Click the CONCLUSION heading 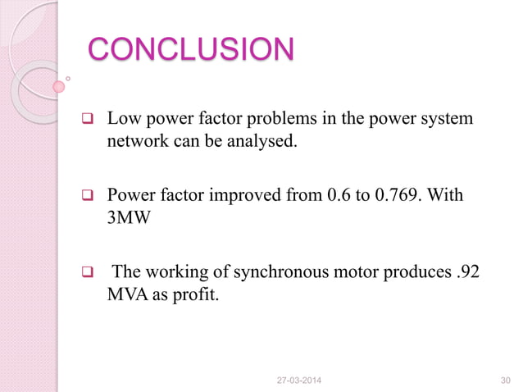click(190, 49)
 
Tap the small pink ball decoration click(58, 85)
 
